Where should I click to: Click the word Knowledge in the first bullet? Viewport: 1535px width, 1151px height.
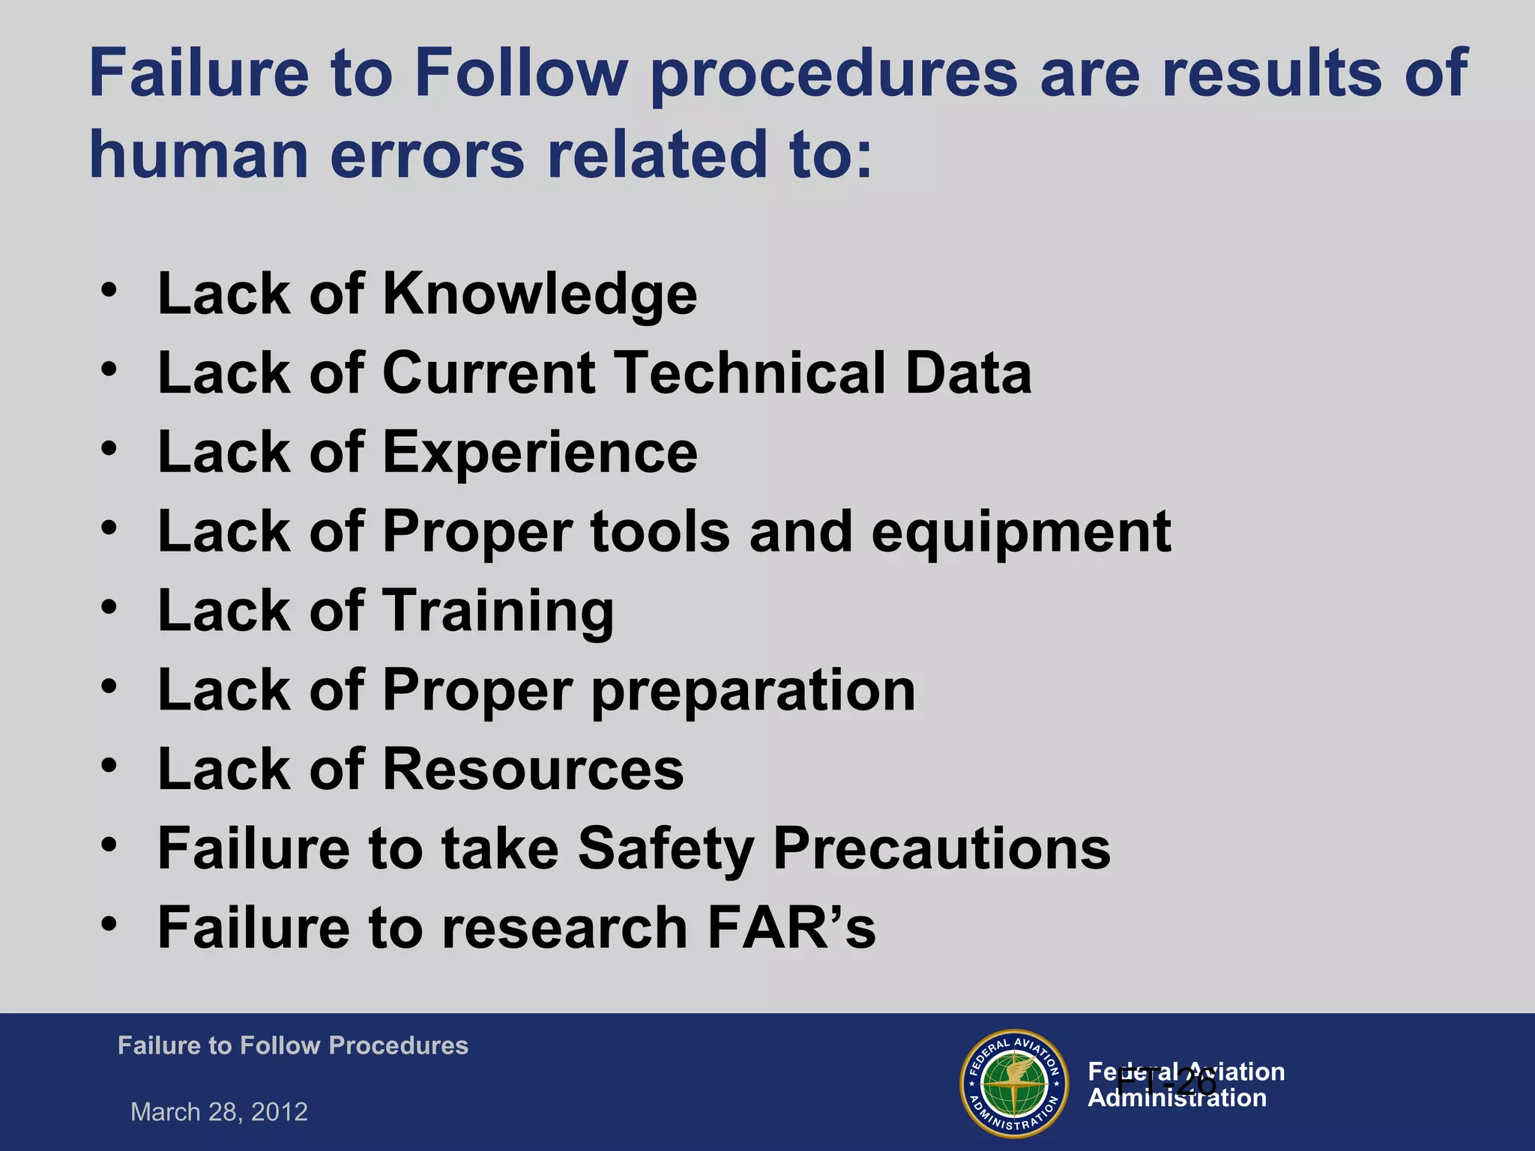(x=540, y=294)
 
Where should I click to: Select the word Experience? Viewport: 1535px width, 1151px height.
(x=540, y=453)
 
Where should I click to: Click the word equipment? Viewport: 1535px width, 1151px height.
(x=1021, y=533)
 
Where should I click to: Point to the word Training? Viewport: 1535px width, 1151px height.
(x=498, y=611)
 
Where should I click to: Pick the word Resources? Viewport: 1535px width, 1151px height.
(x=533, y=770)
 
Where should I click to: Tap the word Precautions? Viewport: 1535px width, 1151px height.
(x=941, y=849)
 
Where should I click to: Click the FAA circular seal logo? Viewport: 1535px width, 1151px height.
(x=1013, y=1084)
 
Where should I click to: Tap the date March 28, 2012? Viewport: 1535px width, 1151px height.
(x=219, y=1112)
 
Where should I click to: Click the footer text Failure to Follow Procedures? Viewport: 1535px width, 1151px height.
(x=292, y=1046)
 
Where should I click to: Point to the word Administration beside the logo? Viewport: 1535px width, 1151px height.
(x=1177, y=1099)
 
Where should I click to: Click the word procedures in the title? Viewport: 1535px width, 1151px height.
(x=833, y=75)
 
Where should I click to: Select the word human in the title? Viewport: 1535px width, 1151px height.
(x=199, y=155)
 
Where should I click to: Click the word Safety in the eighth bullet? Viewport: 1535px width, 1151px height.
(x=666, y=849)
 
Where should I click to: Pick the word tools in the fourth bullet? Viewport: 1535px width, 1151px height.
(x=660, y=533)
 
